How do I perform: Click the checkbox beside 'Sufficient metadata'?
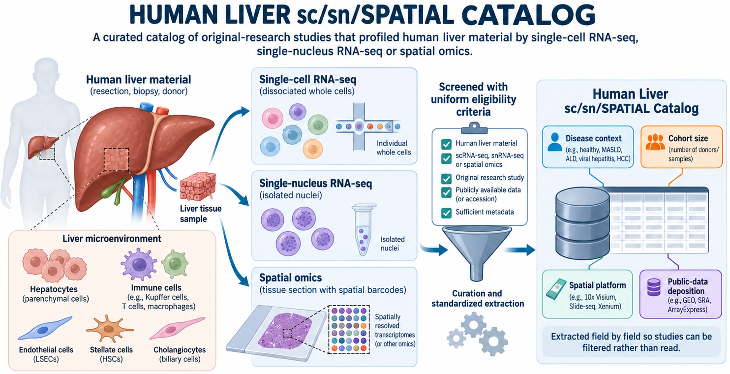pyautogui.click(x=446, y=213)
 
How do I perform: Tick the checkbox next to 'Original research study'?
pyautogui.click(x=446, y=178)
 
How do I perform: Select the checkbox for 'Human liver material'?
pyautogui.click(x=446, y=144)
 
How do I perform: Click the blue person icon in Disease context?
pyautogui.click(x=555, y=142)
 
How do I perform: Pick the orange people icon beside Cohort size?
pyautogui.click(x=655, y=142)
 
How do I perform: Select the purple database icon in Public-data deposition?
pyautogui.click(x=654, y=287)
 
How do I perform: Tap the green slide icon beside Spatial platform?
pyautogui.click(x=556, y=289)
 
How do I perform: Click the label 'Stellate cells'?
pyautogui.click(x=111, y=350)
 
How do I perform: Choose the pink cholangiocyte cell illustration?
pyautogui.click(x=177, y=328)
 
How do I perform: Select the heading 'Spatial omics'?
pyautogui.click(x=290, y=278)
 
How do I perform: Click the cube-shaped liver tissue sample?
pyautogui.click(x=198, y=186)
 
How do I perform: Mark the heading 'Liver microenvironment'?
pyautogui.click(x=112, y=239)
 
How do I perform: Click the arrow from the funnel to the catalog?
pyautogui.click(x=519, y=250)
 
